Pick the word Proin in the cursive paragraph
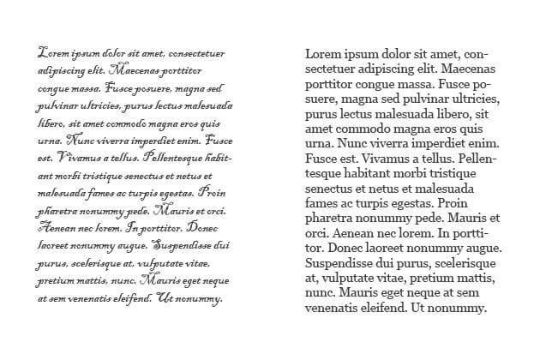213,193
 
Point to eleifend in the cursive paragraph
125,299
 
